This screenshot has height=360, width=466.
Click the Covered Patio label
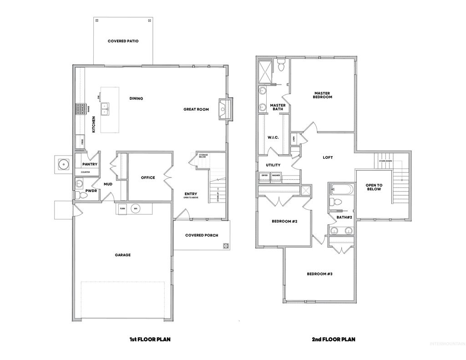coord(123,41)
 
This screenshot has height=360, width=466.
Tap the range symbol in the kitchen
coord(81,109)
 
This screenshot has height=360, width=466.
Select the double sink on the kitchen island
coord(105,108)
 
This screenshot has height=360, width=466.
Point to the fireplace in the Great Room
coord(224,109)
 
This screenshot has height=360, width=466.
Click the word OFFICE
coord(148,177)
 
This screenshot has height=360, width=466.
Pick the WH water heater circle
coord(136,208)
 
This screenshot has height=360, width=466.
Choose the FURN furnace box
coord(122,208)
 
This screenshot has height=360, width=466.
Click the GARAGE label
coord(122,255)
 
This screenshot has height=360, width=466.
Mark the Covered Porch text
coord(202,235)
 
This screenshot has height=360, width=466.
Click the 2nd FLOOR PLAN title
coord(333,339)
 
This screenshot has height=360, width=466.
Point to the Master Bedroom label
coord(323,95)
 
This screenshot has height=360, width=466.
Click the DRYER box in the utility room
coord(264,175)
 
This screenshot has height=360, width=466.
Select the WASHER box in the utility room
coord(276,175)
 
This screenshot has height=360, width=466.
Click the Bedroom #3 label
coord(319,274)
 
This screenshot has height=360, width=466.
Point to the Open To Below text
coord(374,187)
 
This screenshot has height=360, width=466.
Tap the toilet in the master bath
coord(281,66)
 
